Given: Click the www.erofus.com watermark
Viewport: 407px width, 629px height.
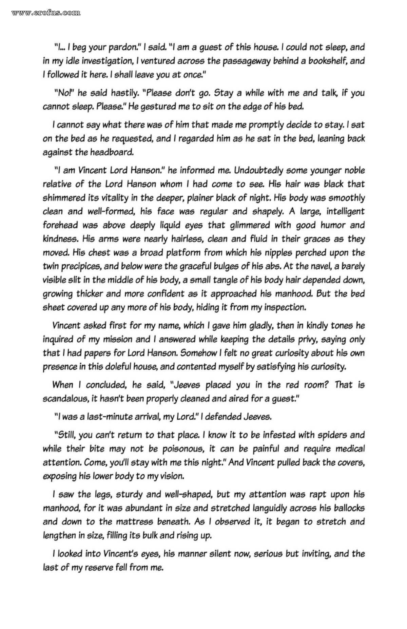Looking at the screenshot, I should tap(46, 13).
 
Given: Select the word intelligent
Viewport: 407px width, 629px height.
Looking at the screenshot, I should tap(345, 211).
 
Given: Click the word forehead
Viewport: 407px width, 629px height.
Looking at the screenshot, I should tap(60, 225).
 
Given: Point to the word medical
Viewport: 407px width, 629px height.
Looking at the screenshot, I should tap(350, 449).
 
